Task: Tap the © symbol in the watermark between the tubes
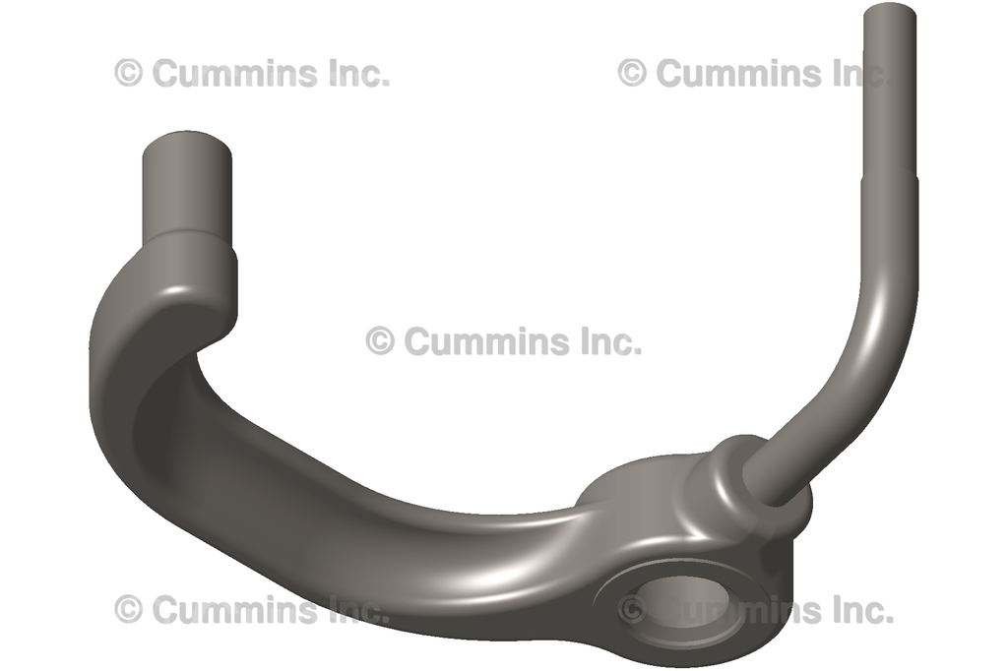tap(380, 341)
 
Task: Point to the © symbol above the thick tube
tap(128, 73)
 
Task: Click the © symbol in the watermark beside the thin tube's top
tap(632, 73)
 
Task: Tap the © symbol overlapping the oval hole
tap(632, 610)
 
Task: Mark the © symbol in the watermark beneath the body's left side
tap(128, 610)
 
